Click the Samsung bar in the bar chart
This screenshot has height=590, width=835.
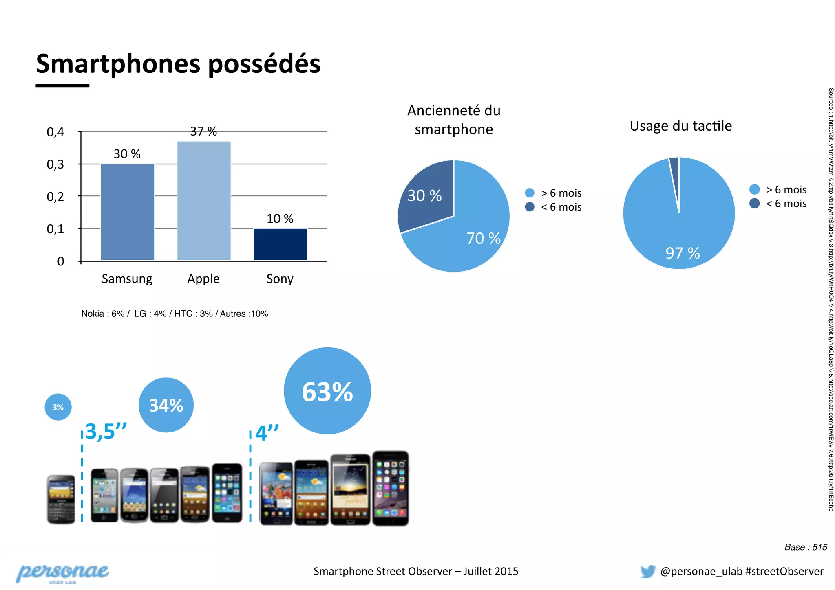[x=127, y=212]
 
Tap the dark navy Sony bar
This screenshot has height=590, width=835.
[x=280, y=244]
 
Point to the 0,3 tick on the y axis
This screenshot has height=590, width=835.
[x=55, y=164]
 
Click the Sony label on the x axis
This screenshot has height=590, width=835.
[x=280, y=279]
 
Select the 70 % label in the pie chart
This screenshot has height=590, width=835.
[x=483, y=239]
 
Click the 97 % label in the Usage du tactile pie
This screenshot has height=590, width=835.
[x=683, y=253]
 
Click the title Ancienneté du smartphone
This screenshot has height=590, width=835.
[x=454, y=120]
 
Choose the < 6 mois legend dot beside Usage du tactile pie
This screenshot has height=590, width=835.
[x=754, y=203]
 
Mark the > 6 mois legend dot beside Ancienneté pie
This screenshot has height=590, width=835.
[x=530, y=193]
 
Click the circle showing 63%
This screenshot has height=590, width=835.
[x=327, y=391]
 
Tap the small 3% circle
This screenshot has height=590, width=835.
[x=58, y=407]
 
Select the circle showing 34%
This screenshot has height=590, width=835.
[x=166, y=405]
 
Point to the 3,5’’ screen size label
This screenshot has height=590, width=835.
[x=106, y=432]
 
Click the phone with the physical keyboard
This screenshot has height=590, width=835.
[x=61, y=499]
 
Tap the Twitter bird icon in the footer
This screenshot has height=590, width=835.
[x=648, y=571]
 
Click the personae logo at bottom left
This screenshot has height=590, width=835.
[x=62, y=573]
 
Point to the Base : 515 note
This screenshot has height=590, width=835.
[x=806, y=547]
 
